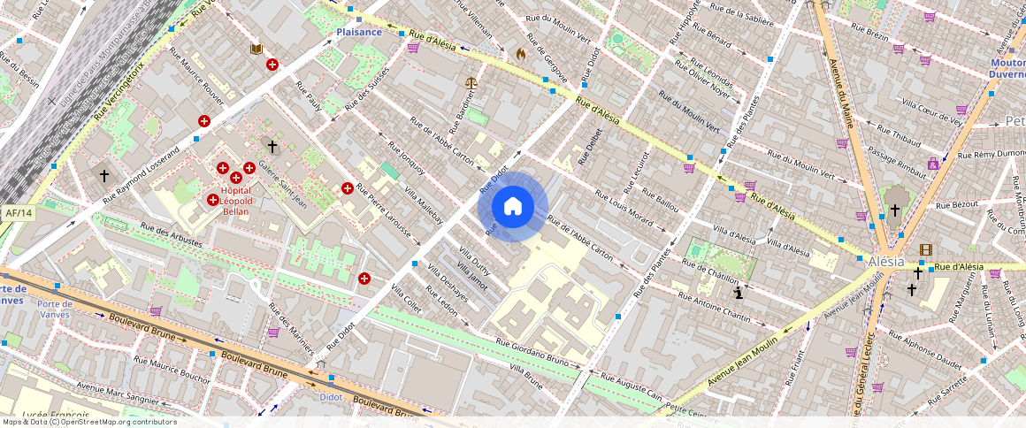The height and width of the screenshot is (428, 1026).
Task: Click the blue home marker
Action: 512,207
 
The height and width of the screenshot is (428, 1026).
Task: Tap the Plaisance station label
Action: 359,32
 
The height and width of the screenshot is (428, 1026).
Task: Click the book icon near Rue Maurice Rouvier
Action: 256,50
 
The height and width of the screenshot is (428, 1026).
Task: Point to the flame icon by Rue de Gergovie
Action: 521,54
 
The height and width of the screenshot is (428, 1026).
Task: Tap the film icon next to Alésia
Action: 925,250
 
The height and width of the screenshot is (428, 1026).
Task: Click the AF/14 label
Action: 18,213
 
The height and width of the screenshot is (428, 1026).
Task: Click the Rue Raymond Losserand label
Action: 141,158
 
